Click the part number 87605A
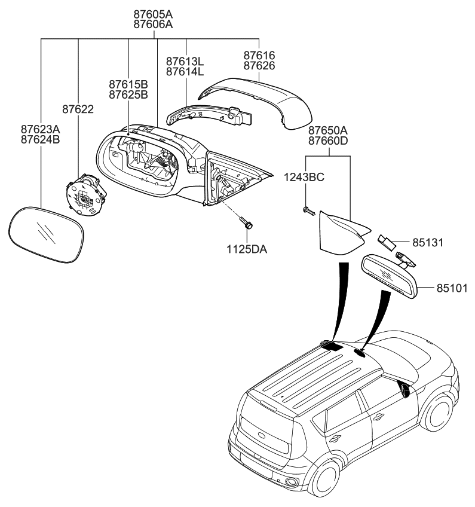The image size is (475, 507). pyautogui.click(x=153, y=13)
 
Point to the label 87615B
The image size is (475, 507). pyautogui.click(x=128, y=84)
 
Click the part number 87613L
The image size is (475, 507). pyautogui.click(x=185, y=61)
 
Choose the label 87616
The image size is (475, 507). pyautogui.click(x=259, y=55)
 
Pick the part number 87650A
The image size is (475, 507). pyautogui.click(x=327, y=130)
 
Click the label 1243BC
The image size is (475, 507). pyautogui.click(x=305, y=177)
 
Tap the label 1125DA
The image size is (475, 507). pyautogui.click(x=246, y=249)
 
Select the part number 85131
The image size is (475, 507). pyautogui.click(x=428, y=243)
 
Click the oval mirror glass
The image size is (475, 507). pyautogui.click(x=47, y=234)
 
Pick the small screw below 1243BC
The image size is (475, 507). pyautogui.click(x=307, y=210)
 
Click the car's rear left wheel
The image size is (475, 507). pyautogui.click(x=327, y=481)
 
